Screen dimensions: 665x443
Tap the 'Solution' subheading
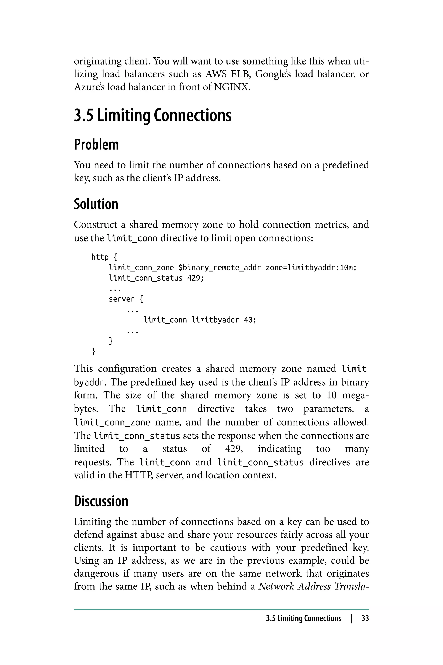[96, 204]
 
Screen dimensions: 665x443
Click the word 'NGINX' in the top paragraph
[231, 87]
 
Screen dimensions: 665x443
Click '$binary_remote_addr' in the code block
[220, 268]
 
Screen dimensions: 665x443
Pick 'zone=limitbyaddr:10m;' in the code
[311, 268]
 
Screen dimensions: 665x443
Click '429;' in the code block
[196, 278]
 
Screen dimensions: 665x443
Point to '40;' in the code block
[250, 320]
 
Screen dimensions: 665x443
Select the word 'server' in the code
[122, 299]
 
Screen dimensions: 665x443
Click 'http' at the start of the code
[100, 257]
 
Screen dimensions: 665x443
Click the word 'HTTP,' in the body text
[139, 475]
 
